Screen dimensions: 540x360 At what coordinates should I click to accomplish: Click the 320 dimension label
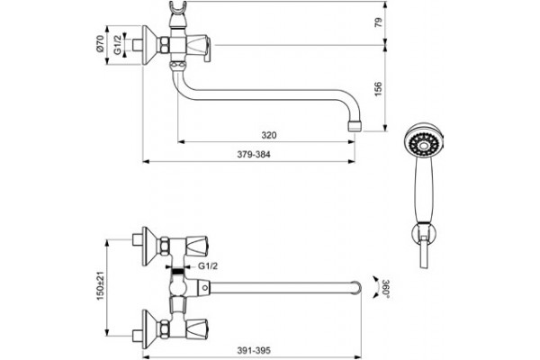268,135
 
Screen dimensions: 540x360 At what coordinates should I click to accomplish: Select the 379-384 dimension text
254,155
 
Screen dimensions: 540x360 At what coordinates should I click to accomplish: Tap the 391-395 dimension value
254,351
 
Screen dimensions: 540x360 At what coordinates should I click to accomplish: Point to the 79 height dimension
378,22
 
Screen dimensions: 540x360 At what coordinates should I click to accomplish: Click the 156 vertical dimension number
378,89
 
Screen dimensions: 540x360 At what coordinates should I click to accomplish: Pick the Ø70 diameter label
100,43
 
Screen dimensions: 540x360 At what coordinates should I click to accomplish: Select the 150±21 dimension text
100,285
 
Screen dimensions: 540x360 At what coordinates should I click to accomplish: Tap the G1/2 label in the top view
118,45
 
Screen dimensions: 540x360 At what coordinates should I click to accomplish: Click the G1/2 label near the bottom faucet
208,266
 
